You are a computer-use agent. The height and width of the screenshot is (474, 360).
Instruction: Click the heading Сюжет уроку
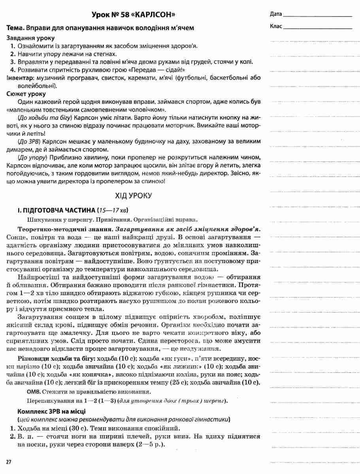click(26, 94)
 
